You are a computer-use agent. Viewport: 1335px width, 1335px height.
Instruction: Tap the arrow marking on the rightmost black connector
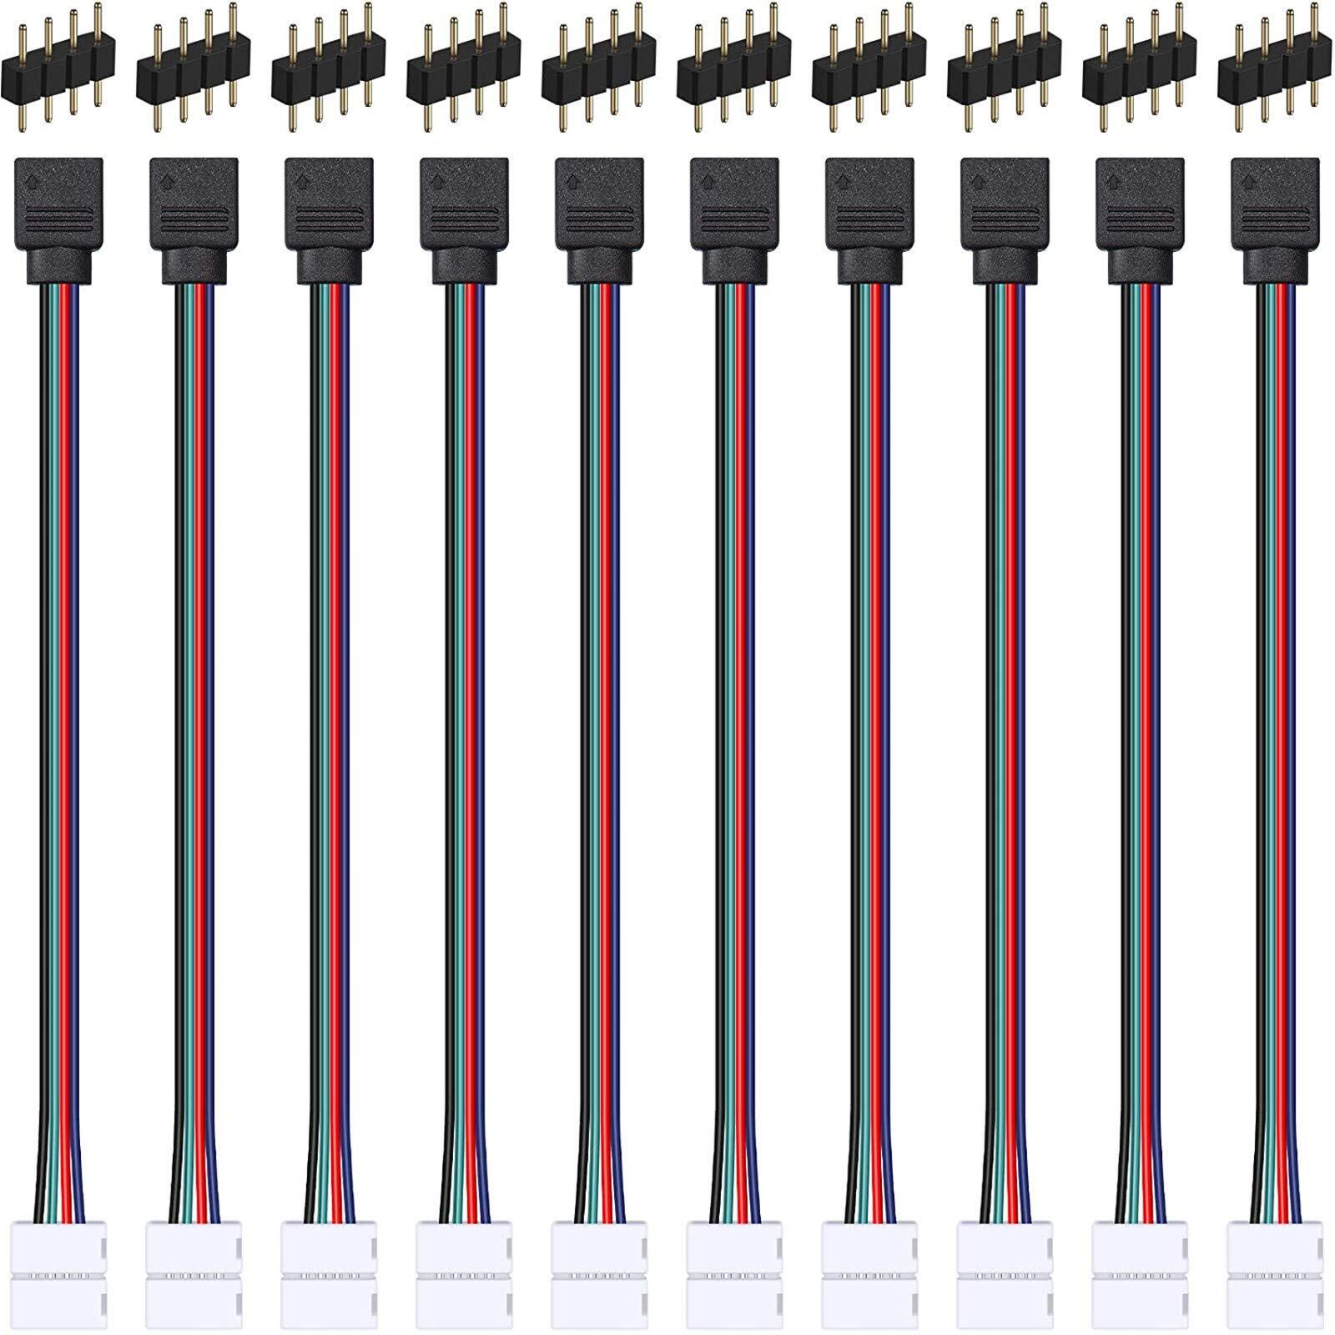coord(1248,178)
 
